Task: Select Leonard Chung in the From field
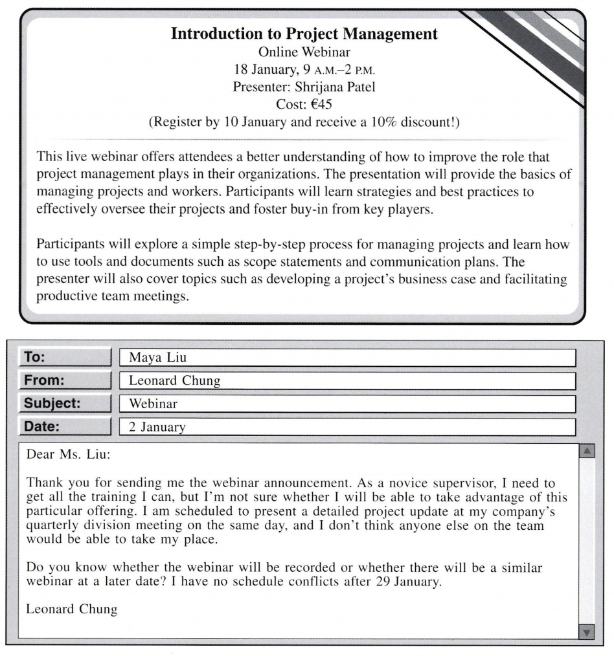[174, 381]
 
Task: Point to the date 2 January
[157, 428]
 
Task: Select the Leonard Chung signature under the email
[72, 609]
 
